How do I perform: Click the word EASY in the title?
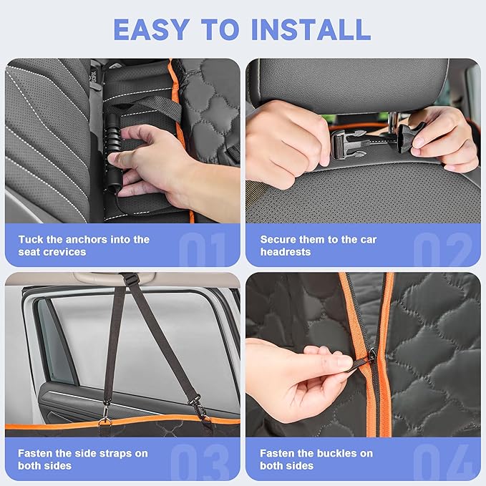[152, 29]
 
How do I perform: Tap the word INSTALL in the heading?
[311, 29]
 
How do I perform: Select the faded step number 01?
[203, 250]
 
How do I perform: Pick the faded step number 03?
[200, 462]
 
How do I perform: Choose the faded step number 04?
[442, 462]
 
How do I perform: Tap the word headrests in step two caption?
[285, 252]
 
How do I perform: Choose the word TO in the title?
[220, 29]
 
